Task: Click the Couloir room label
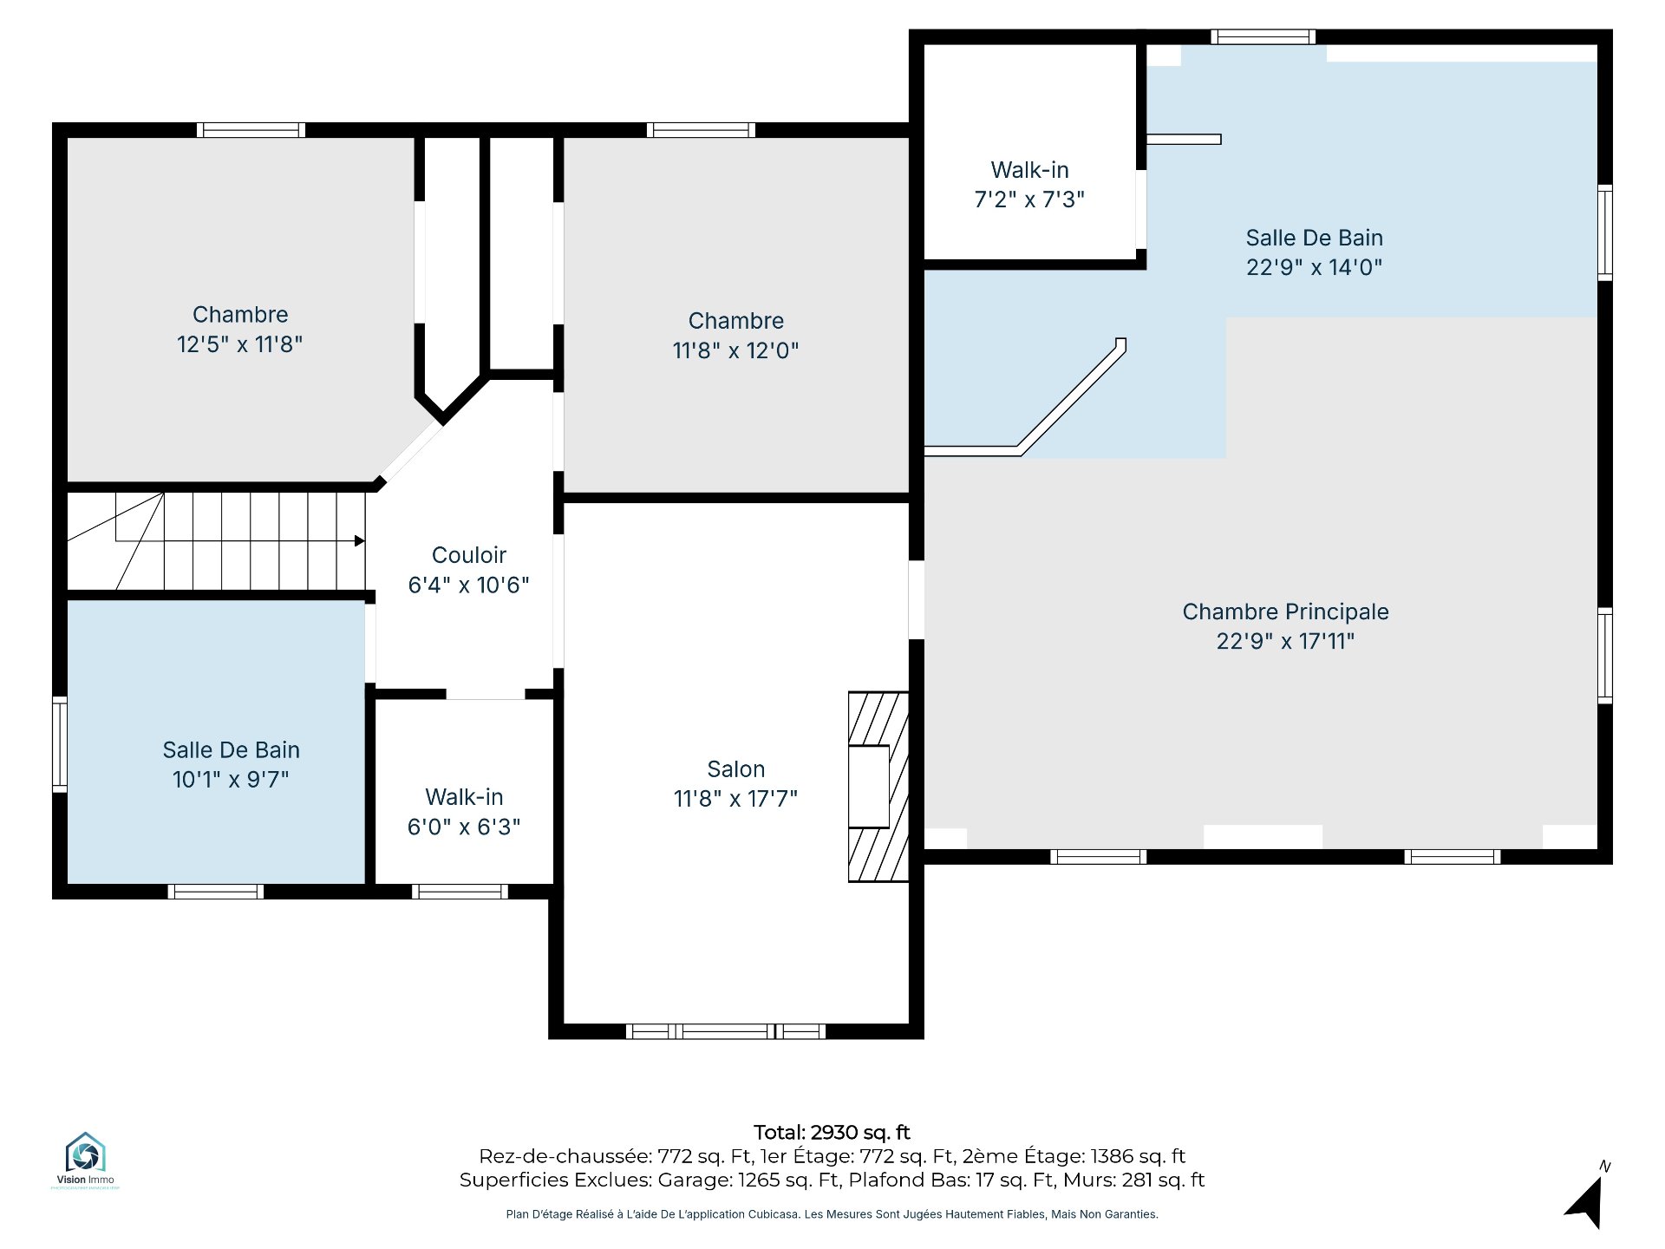pyautogui.click(x=469, y=555)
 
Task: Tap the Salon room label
pyautogui.click(x=736, y=769)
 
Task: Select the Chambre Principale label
pyautogui.click(x=1285, y=611)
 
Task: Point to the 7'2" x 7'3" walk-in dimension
pyautogui.click(x=1029, y=199)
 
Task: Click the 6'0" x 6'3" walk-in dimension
pyautogui.click(x=464, y=827)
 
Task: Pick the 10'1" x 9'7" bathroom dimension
pyautogui.click(x=231, y=779)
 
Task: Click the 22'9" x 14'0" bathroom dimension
pyautogui.click(x=1314, y=267)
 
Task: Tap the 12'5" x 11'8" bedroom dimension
pyautogui.click(x=240, y=344)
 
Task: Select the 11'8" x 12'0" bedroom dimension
pyautogui.click(x=735, y=350)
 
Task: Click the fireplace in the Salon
pyautogui.click(x=878, y=787)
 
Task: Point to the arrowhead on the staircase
pyautogui.click(x=359, y=541)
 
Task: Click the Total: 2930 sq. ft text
pyautogui.click(x=832, y=1132)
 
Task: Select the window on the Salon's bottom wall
pyautogui.click(x=726, y=1031)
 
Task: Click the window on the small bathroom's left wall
pyautogui.click(x=60, y=744)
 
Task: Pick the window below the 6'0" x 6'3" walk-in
pyautogui.click(x=460, y=892)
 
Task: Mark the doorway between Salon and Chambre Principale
pyautogui.click(x=917, y=600)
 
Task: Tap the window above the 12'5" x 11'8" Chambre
pyautogui.click(x=251, y=130)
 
